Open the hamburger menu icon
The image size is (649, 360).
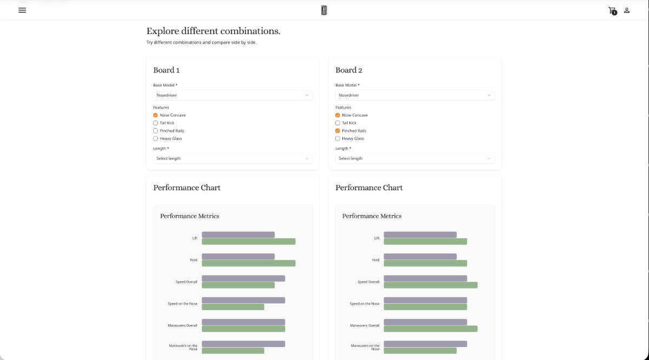pyautogui.click(x=22, y=10)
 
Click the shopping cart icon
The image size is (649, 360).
pyautogui.click(x=612, y=10)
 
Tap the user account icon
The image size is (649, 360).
pyautogui.click(x=627, y=10)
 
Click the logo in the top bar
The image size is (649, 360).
pyautogui.click(x=324, y=10)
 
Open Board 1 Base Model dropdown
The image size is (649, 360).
pyautogui.click(x=233, y=95)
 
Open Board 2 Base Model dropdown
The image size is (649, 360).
pyautogui.click(x=415, y=95)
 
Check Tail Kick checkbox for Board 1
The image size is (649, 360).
pyautogui.click(x=156, y=123)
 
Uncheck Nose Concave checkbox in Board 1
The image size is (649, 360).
pyautogui.click(x=156, y=115)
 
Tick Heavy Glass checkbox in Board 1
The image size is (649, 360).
pyautogui.click(x=156, y=138)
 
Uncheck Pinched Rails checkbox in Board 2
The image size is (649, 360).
pyautogui.click(x=338, y=131)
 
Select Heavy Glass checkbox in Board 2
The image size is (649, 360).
pyautogui.click(x=338, y=138)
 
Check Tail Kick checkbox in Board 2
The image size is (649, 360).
pyautogui.click(x=338, y=123)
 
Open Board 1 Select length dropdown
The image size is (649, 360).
pyautogui.click(x=233, y=158)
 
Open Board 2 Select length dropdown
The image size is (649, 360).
pyautogui.click(x=415, y=158)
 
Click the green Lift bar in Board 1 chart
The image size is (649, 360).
pyautogui.click(x=248, y=242)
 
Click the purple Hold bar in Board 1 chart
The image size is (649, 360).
pyautogui.click(x=238, y=256)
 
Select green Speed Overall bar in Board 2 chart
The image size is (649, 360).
pyautogui.click(x=431, y=285)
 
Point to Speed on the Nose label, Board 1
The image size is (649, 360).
pyautogui.click(x=182, y=304)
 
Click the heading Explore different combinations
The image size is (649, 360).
pyautogui.click(x=213, y=31)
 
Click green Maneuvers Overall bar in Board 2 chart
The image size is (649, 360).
pyautogui.click(x=431, y=329)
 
